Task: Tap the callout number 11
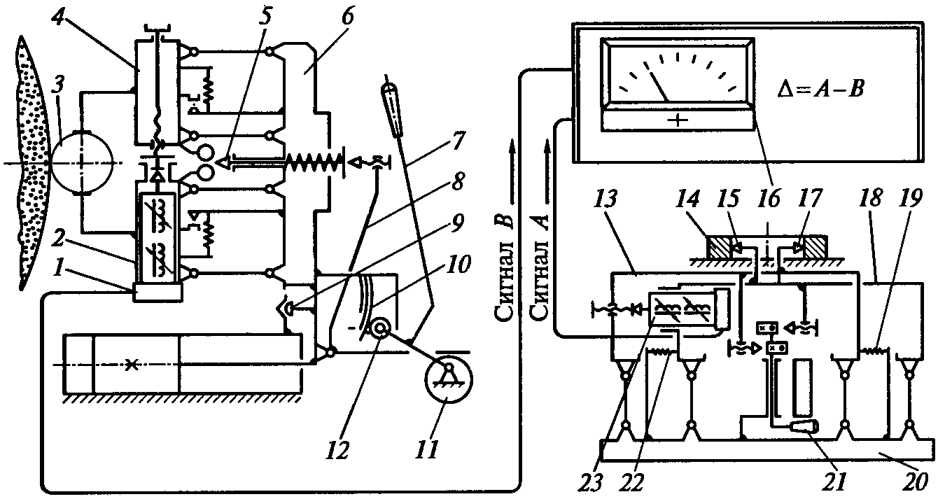tap(427, 450)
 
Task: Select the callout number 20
tap(914, 482)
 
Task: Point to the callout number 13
tap(604, 198)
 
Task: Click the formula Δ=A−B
tap(820, 89)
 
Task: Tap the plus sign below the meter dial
tap(678, 120)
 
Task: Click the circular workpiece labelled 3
tap(81, 162)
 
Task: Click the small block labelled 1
tap(157, 292)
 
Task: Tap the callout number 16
tap(770, 198)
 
